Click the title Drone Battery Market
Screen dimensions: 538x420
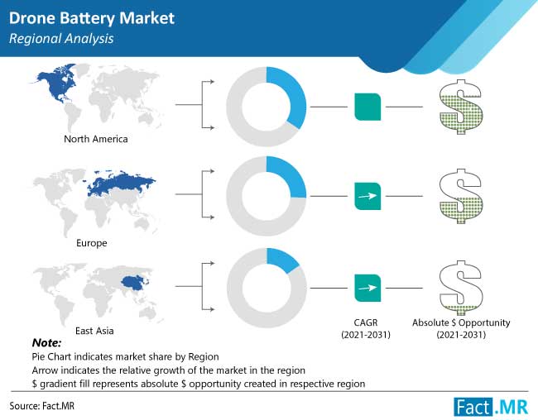[x=92, y=18]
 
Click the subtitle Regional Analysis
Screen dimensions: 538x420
[x=61, y=39]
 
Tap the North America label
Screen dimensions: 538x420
[x=96, y=139]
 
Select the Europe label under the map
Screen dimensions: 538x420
[x=92, y=243]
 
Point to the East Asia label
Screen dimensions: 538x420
[x=94, y=331]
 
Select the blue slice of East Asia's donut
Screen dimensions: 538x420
[x=282, y=260]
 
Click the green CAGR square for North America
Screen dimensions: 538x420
[x=367, y=107]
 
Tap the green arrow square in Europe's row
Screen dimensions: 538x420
[x=367, y=196]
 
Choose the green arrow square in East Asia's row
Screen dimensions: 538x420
[x=367, y=288]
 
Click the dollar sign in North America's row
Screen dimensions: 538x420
[x=461, y=107]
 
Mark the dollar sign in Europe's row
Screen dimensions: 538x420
[x=461, y=196]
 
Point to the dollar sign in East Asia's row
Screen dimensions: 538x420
[x=461, y=288]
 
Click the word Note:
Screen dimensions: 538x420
[x=46, y=343]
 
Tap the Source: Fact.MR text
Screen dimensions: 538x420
[x=42, y=406]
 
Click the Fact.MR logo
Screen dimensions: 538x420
[x=491, y=407]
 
